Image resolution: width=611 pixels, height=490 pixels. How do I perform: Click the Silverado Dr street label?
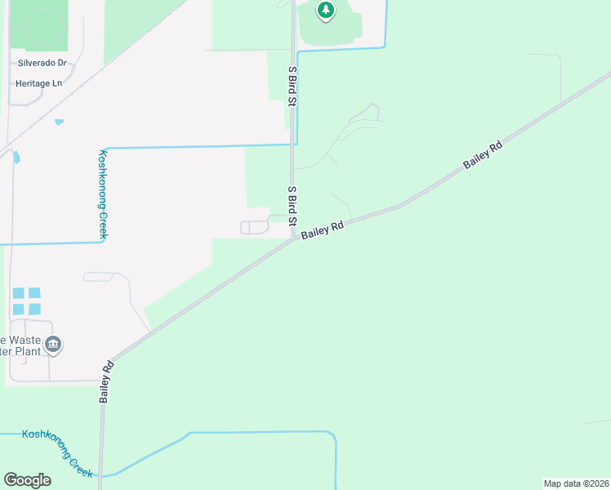pos(45,63)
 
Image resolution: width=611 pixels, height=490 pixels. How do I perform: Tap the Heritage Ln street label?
pos(38,83)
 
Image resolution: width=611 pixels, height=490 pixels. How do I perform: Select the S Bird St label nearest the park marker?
pos(292,86)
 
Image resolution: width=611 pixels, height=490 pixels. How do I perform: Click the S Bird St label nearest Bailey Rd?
pos(292,206)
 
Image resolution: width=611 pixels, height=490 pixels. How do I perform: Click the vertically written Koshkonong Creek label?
pos(104,194)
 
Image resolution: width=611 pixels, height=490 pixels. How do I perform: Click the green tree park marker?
pos(326,11)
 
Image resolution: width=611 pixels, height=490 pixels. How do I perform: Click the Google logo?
pos(27,480)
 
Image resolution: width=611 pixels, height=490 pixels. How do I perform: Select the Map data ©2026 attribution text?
pos(576,483)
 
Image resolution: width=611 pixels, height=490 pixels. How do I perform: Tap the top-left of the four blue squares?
pos(19,293)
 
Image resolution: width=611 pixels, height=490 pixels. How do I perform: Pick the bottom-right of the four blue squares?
pos(33,309)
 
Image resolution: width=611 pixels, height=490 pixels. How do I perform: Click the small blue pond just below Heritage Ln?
pos(59,122)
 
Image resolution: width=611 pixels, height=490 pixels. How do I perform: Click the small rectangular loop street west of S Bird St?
pos(254,227)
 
